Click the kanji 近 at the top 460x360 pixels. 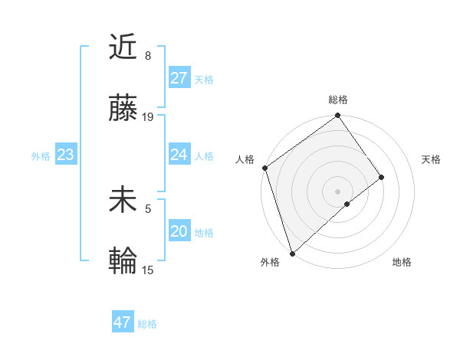pos(123,47)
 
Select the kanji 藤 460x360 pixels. pos(123,110)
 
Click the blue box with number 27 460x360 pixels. pos(179,77)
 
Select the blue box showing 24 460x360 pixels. pos(179,155)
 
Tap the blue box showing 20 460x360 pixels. pos(179,231)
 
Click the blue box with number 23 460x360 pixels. pos(65,155)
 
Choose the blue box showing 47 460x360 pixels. pos(122,322)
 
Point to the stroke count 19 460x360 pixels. pos(149,117)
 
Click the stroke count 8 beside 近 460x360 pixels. pos(147,56)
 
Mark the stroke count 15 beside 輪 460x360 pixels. pos(149,270)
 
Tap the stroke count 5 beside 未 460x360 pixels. pos(147,208)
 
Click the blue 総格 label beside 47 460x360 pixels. pos(147,324)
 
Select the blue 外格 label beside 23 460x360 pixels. pos(41,155)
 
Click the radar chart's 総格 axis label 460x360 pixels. pos(338,100)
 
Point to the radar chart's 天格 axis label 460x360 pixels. pos(432,159)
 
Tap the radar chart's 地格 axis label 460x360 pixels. pos(402,262)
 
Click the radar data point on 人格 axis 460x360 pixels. pos(264,168)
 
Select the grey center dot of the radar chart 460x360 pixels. pos(338,191)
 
